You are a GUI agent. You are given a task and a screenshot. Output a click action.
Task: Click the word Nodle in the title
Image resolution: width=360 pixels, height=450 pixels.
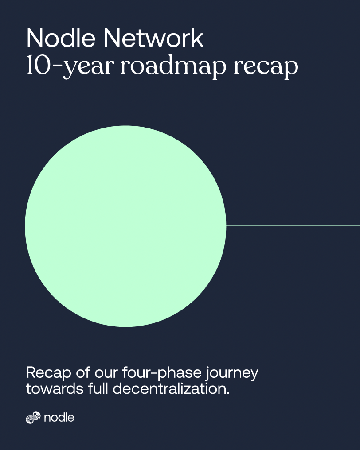[61, 38]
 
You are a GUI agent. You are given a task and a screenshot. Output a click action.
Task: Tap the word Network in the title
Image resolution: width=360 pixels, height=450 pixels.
[154, 38]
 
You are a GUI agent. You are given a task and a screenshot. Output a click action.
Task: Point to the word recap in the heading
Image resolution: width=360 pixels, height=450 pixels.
[266, 68]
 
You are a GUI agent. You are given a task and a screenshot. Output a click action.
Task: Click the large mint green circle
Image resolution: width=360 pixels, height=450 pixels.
[125, 226]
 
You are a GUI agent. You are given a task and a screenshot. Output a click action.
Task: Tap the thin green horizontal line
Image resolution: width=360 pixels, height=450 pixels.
[293, 226]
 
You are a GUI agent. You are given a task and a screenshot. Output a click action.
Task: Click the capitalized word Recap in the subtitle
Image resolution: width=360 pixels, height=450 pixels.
[49, 373]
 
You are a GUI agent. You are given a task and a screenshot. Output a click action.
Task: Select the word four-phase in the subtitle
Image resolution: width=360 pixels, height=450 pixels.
[162, 373]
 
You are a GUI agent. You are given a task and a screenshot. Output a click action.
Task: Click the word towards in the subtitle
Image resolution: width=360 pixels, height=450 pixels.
[55, 389]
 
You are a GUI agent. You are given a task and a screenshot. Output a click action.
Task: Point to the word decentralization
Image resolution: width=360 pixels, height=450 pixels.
[169, 389]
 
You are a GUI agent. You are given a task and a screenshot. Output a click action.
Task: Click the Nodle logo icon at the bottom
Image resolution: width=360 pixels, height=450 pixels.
[33, 418]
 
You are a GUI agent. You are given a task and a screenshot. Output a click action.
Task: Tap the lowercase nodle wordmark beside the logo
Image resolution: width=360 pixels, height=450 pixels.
[59, 418]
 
